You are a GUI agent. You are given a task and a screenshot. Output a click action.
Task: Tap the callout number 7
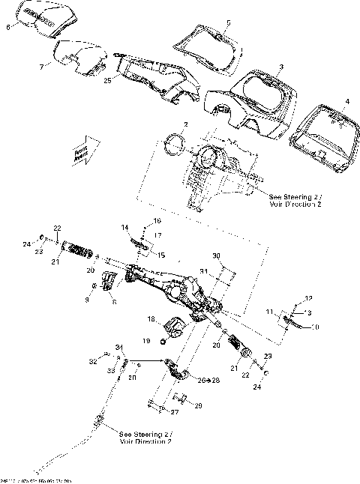tap(41, 66)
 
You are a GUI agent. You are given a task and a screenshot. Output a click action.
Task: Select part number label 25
tap(109, 80)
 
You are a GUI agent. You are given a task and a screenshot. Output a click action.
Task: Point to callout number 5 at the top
tap(229, 24)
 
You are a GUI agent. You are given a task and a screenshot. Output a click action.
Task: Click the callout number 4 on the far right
tap(346, 100)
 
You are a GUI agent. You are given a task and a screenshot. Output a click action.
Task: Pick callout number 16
tap(157, 221)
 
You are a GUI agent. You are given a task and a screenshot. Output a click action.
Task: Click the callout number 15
tap(160, 255)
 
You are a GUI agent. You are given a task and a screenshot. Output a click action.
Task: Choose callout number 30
tap(216, 256)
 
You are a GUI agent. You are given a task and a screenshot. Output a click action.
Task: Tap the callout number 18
tap(151, 319)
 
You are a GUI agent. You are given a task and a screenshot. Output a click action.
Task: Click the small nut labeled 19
tap(163, 342)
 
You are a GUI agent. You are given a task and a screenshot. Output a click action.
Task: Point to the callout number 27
tap(175, 411)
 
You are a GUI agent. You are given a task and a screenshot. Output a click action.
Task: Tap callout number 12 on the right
tap(307, 299)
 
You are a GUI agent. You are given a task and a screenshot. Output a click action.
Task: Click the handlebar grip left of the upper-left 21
tap(78, 246)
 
